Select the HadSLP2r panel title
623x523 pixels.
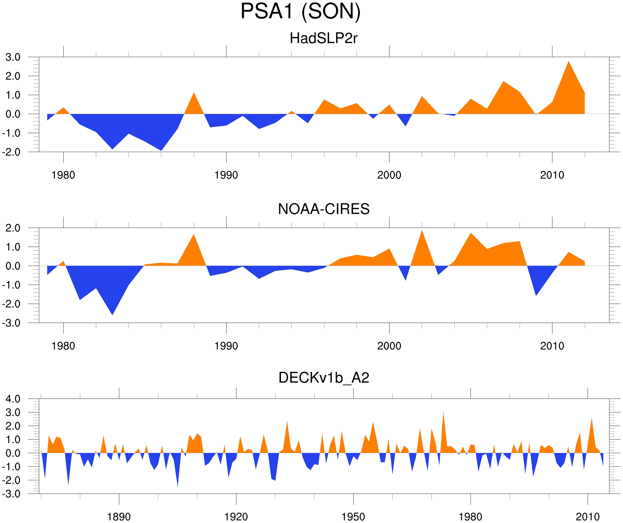point(323,38)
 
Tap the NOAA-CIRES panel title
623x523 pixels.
point(324,209)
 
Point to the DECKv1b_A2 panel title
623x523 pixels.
point(324,378)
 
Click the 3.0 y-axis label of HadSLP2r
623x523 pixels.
point(13,57)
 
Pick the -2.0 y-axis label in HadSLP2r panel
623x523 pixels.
point(11,152)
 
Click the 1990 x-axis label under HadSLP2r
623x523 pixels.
point(226,175)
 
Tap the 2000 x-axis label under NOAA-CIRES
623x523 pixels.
point(389,346)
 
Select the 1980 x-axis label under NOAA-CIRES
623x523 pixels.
point(63,346)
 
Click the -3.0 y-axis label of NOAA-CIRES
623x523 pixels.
point(11,323)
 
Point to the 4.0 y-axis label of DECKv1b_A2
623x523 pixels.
point(13,399)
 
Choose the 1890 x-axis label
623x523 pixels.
point(119,517)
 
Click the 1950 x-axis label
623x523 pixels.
point(353,517)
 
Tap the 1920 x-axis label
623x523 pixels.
point(236,517)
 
